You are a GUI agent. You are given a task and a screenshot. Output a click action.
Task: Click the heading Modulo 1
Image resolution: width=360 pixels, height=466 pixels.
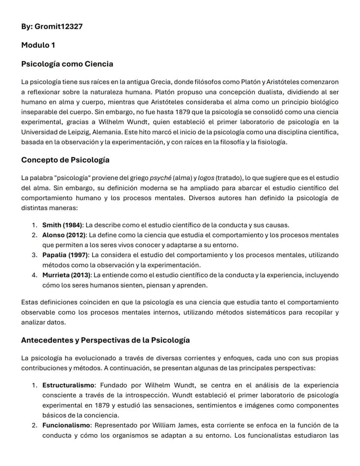click(38, 45)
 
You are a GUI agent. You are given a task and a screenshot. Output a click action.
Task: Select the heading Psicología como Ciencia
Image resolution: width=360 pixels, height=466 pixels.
click(67, 64)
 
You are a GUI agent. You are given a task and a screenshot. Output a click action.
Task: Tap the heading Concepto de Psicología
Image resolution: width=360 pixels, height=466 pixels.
click(65, 160)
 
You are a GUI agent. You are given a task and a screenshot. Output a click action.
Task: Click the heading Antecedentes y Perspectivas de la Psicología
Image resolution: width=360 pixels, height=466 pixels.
click(105, 340)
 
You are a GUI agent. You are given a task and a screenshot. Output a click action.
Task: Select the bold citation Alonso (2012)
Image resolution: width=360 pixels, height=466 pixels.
click(64, 235)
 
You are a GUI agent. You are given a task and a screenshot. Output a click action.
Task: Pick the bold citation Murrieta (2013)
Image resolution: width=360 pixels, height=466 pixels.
click(67, 275)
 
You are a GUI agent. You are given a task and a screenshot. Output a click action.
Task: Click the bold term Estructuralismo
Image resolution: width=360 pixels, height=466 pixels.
click(68, 385)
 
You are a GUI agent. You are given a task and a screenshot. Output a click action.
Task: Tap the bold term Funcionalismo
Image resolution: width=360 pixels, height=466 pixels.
click(67, 425)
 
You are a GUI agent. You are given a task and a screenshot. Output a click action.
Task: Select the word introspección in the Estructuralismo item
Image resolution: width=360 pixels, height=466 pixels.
click(146, 395)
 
